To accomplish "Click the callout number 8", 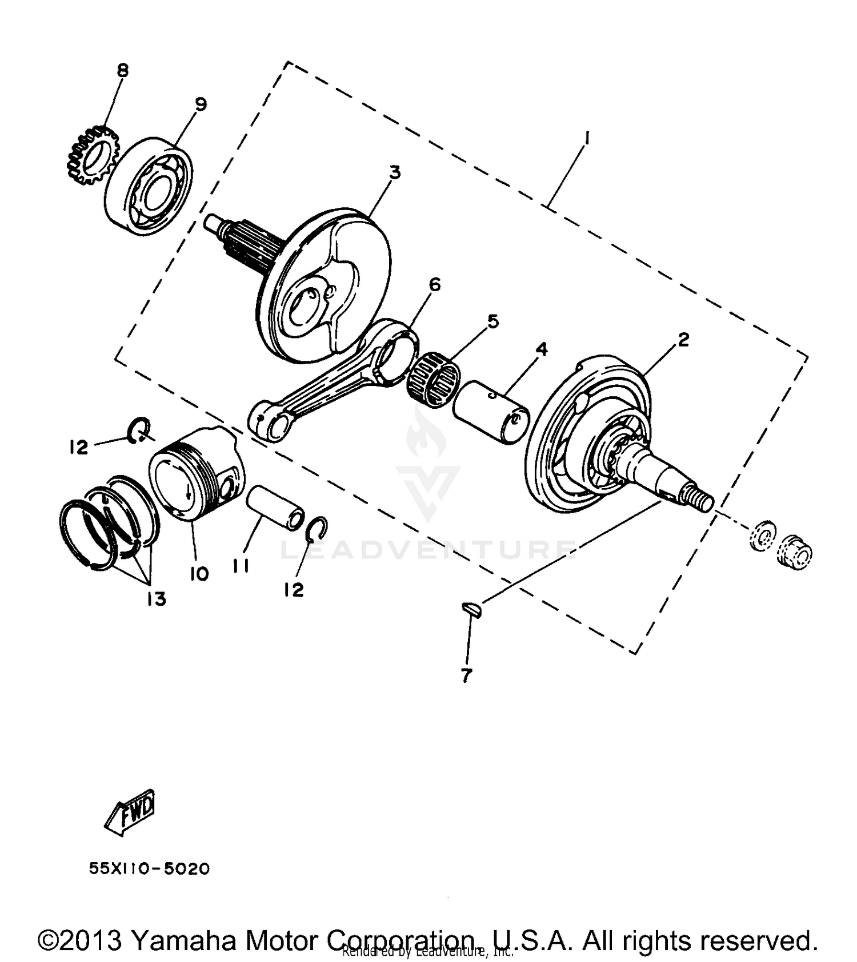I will click(x=122, y=70).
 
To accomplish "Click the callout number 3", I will click(x=395, y=172).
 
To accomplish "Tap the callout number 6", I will click(x=435, y=284).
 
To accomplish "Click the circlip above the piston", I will click(x=139, y=430).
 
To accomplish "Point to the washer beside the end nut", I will click(x=762, y=536).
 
